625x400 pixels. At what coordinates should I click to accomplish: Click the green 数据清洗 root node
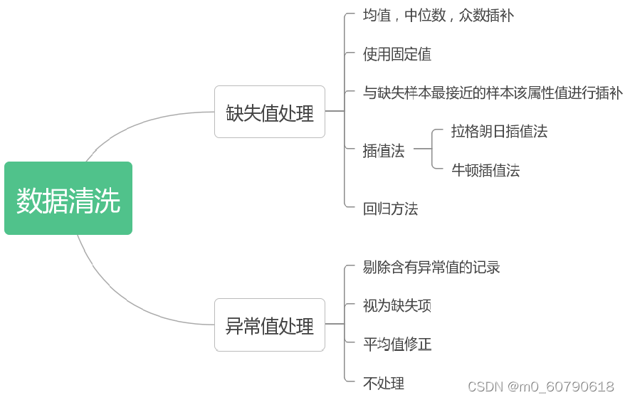68,199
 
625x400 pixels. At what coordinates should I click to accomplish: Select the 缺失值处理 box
270,112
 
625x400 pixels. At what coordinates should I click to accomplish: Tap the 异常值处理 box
270,325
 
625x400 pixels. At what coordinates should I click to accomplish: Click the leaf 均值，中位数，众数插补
438,15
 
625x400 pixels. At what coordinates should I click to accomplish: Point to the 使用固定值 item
396,54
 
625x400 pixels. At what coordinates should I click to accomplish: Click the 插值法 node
383,150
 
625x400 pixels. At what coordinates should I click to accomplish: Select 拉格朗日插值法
499,131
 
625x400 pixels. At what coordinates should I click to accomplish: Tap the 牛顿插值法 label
485,170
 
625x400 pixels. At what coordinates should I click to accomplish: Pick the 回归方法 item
390,209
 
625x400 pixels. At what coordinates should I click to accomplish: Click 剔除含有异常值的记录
431,267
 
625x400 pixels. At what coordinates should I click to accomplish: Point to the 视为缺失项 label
396,306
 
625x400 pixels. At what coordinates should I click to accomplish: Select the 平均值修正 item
396,344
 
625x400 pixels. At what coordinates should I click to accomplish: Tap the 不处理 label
383,383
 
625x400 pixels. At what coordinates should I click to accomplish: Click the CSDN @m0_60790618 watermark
540,386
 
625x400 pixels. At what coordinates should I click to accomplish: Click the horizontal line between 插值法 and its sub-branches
421,149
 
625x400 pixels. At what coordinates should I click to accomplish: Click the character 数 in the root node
29,200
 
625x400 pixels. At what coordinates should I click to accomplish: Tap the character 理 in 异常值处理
305,326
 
